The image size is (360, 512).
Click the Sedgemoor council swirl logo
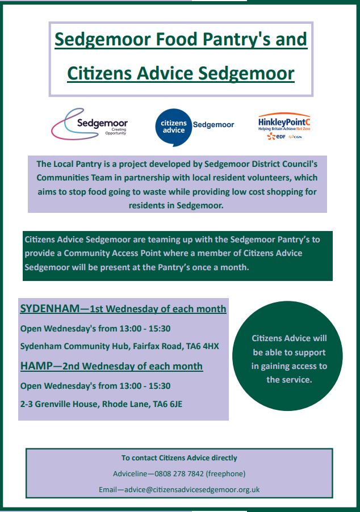coord(89,124)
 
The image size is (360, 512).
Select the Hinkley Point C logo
coord(284,127)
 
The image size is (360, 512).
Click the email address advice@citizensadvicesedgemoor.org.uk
coord(195,489)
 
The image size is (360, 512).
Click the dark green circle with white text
coord(289,359)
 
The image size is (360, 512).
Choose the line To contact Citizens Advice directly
coord(179,458)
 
